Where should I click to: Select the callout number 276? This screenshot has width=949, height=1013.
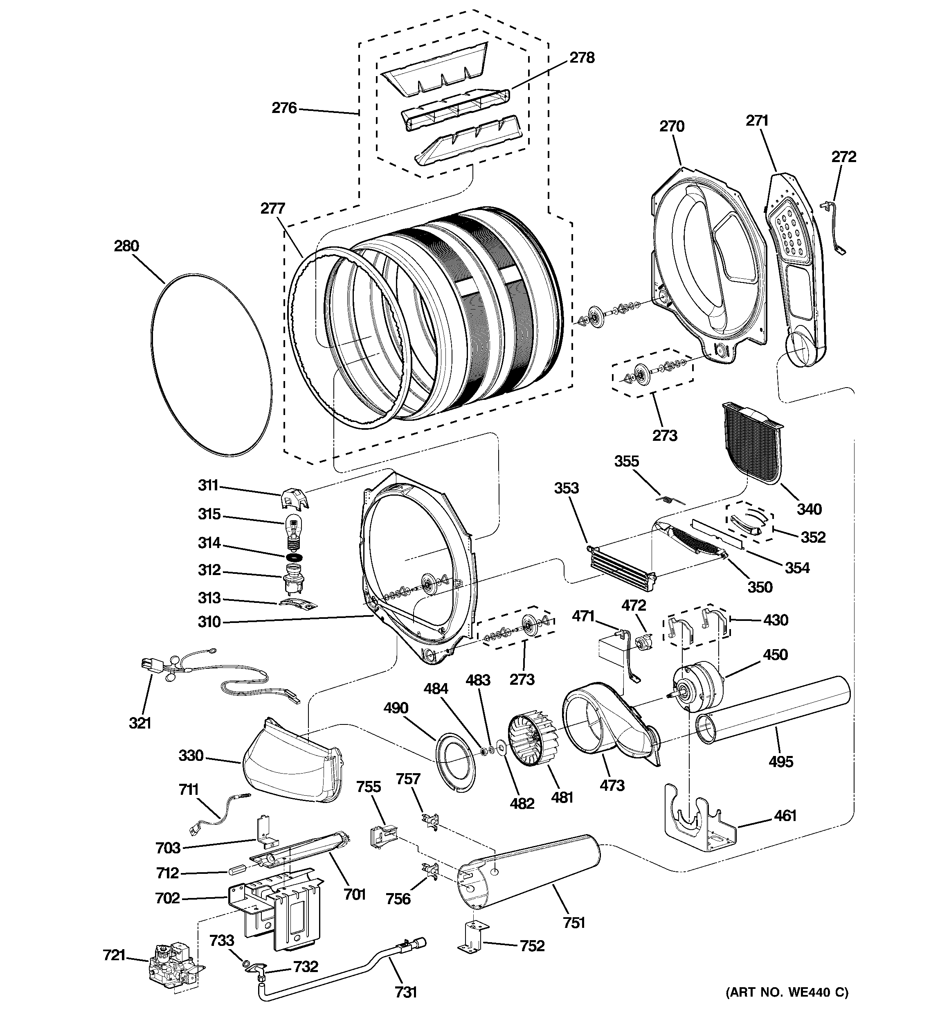pyautogui.click(x=284, y=108)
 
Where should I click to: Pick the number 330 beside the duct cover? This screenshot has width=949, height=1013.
pyautogui.click(x=191, y=755)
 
